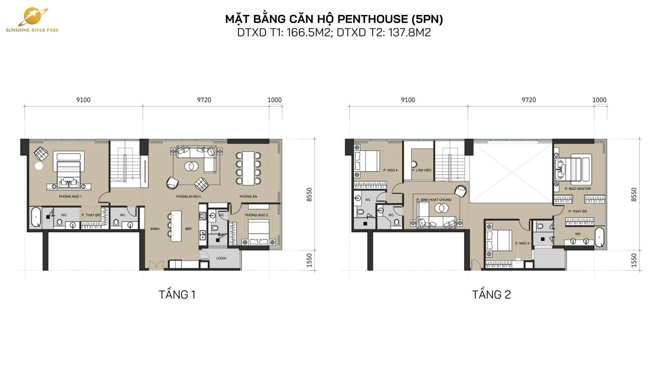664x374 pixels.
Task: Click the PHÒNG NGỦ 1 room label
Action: pos(70,196)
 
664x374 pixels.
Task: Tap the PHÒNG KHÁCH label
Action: pos(188,196)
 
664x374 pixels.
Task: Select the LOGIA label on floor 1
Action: pos(221,258)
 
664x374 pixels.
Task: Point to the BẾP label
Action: pos(189,229)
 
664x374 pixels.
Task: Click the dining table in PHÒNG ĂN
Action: pos(248,168)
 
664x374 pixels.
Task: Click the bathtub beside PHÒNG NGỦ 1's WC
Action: pos(36,217)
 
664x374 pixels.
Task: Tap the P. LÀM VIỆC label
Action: pos(422,170)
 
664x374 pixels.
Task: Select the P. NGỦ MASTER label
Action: pos(578,188)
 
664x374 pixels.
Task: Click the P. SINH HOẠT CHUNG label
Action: pos(434,200)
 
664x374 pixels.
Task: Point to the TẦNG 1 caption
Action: pos(177,295)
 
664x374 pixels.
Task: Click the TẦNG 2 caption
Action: pos(491,295)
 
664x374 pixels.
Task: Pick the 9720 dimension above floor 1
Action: pos(204,100)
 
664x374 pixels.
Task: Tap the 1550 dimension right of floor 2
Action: pos(634,260)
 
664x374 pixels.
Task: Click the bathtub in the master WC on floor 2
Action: pos(599,237)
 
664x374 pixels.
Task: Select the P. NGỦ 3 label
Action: pos(522,243)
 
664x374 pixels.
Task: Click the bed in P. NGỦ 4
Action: pos(367,161)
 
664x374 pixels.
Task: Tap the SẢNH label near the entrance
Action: pos(155,229)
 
